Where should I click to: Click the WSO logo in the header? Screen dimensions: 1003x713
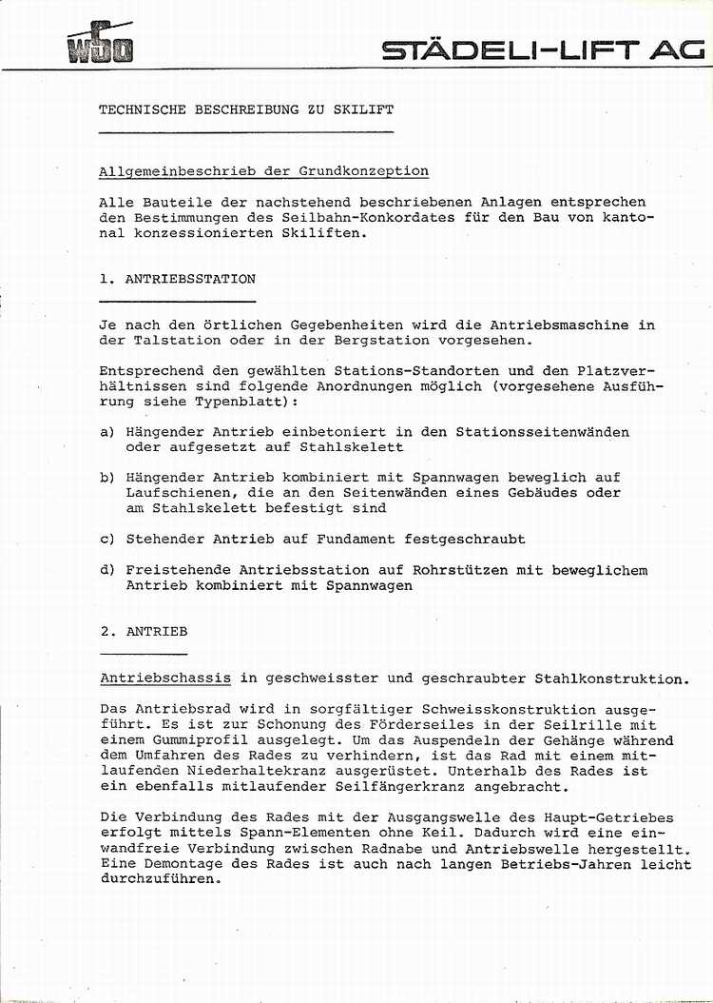click(100, 44)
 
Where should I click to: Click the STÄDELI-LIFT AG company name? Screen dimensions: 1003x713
click(543, 50)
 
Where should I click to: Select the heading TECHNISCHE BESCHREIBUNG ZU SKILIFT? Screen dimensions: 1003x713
click(246, 110)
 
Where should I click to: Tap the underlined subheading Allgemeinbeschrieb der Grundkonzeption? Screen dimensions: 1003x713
click(263, 171)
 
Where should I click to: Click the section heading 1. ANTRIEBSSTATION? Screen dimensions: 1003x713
click(178, 280)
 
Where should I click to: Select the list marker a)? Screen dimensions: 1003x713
click(106, 432)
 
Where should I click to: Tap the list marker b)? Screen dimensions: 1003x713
click(106, 478)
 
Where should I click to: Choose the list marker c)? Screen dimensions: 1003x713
click(106, 540)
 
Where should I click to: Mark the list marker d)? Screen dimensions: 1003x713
click(106, 571)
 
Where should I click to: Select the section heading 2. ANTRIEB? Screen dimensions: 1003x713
click(144, 632)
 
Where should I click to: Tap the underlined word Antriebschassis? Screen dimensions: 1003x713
click(165, 678)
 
